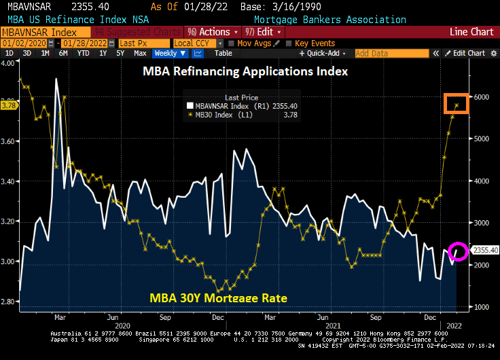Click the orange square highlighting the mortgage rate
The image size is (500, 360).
click(457, 104)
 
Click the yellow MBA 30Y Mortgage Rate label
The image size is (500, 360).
click(218, 298)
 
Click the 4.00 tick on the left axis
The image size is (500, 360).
click(9, 62)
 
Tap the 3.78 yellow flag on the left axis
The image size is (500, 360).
click(9, 105)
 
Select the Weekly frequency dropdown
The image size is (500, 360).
click(170, 53)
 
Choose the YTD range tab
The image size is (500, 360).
click(83, 53)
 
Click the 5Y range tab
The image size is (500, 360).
click(120, 53)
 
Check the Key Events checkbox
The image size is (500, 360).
click(289, 43)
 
